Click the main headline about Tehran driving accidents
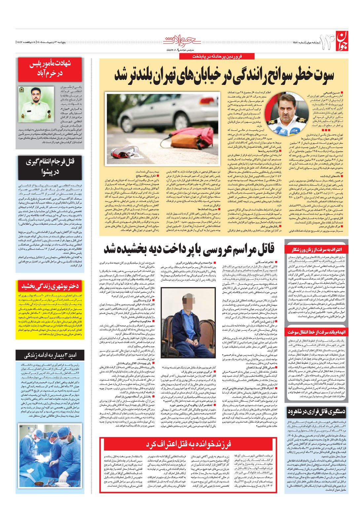coord(224,75)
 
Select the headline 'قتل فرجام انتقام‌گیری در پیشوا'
coord(51,167)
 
